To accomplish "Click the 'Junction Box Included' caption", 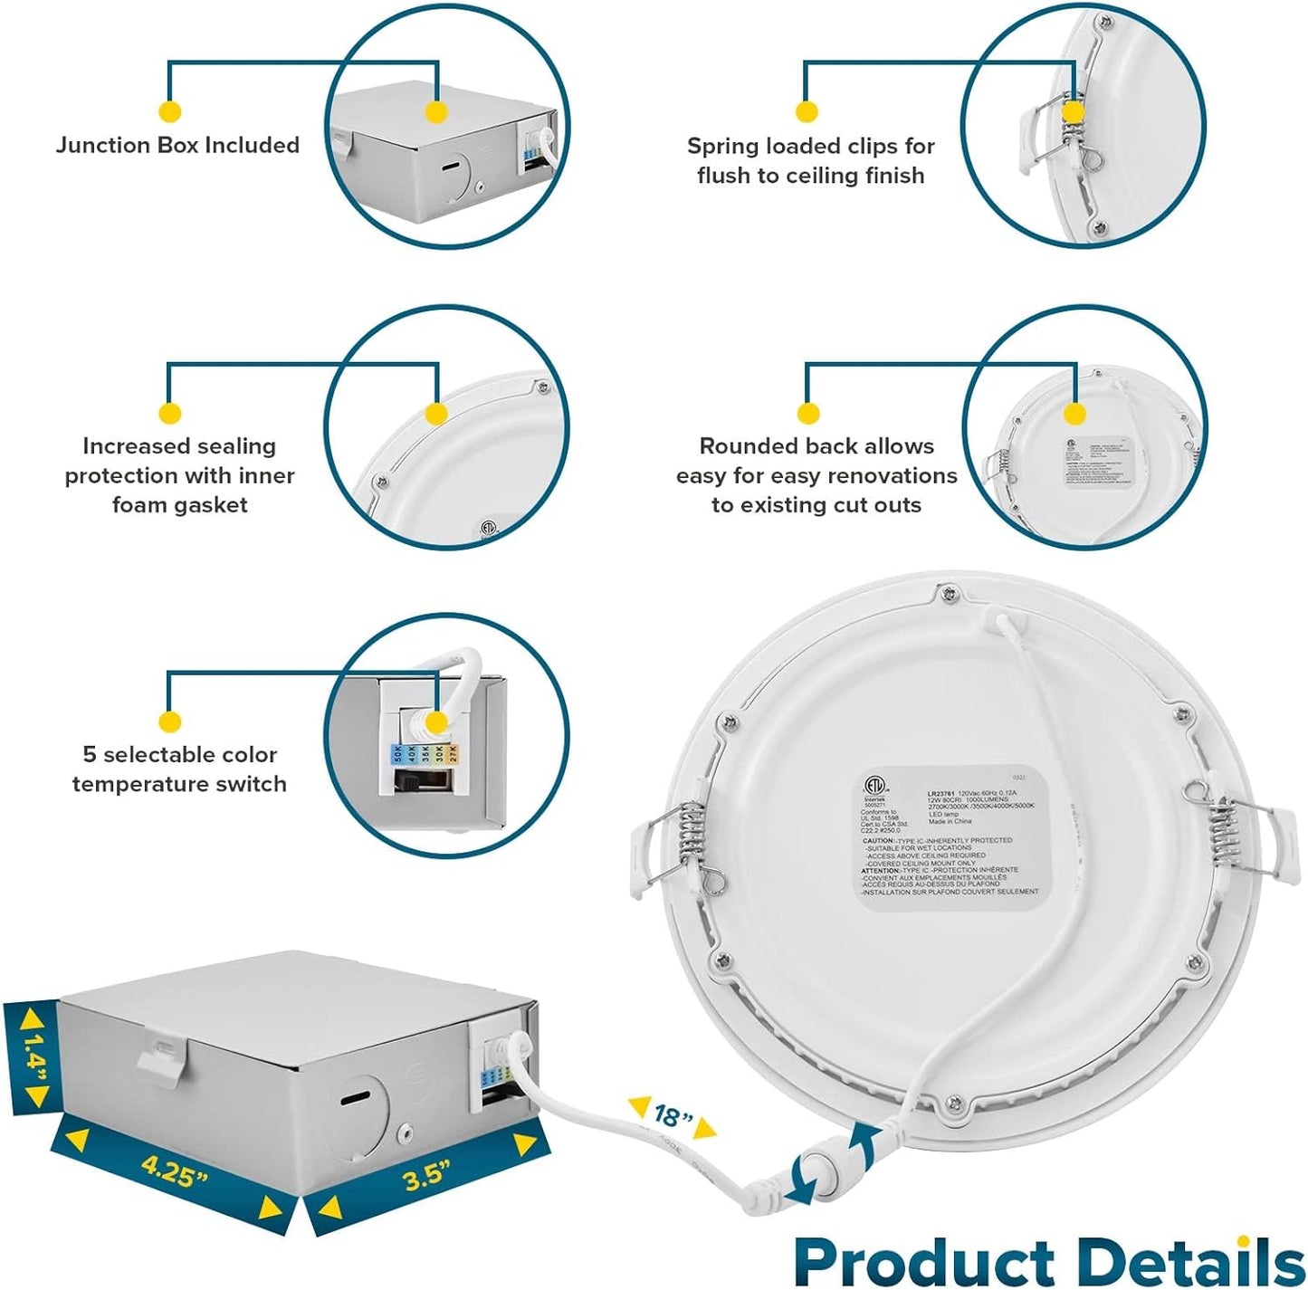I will [177, 145].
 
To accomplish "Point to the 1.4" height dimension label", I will [33, 1056].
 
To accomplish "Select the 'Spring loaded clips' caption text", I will [810, 160].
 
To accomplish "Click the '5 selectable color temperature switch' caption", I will [179, 769].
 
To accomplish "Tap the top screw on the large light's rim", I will [948, 595].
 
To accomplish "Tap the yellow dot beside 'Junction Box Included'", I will [169, 112].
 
